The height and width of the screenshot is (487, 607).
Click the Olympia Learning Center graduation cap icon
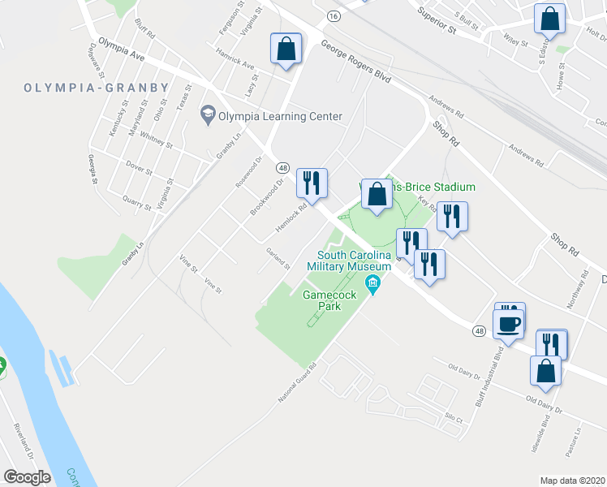pyautogui.click(x=208, y=115)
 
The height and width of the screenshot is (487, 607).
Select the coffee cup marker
pyautogui.click(x=509, y=322)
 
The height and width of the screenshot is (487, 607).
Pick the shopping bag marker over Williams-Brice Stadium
pyautogui.click(x=376, y=195)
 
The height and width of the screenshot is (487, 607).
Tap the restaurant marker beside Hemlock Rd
pyautogui.click(x=311, y=183)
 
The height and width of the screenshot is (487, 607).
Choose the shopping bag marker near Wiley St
pyautogui.click(x=549, y=19)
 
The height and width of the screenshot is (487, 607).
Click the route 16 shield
pyautogui.click(x=334, y=15)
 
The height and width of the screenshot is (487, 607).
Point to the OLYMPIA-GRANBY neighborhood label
pyautogui.click(x=97, y=88)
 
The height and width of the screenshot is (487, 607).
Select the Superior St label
pyautogui.click(x=436, y=20)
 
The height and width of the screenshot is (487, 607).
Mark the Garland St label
pyautogui.click(x=278, y=260)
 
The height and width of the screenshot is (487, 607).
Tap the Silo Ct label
pyautogui.click(x=453, y=420)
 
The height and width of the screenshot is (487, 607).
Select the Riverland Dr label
pyautogui.click(x=23, y=438)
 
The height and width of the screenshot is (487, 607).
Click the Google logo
pyautogui.click(x=27, y=476)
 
